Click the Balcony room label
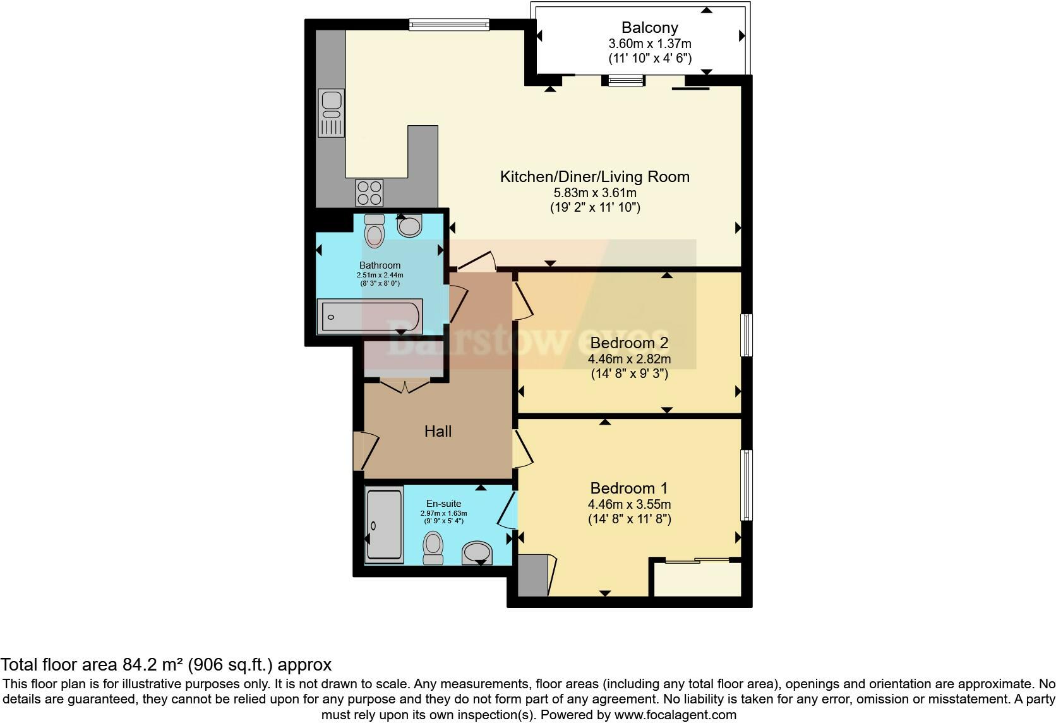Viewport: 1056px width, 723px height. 649,28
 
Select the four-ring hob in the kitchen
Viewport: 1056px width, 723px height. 369,192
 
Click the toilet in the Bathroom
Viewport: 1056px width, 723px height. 375,231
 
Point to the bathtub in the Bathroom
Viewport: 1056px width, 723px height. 369,316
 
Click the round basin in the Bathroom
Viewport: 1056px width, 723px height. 410,226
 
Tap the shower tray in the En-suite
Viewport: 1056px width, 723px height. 384,524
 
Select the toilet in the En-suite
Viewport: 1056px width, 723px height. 433,547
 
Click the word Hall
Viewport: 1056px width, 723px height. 438,432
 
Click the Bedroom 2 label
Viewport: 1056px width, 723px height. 628,343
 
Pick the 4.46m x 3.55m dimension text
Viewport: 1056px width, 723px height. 629,504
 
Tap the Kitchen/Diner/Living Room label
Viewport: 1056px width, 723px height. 594,177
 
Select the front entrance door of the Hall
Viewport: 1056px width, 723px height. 366,451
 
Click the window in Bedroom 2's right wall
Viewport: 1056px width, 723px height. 746,335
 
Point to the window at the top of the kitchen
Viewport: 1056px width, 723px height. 448,25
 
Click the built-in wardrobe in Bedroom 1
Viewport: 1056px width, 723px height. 697,578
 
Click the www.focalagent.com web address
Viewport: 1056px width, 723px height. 675,715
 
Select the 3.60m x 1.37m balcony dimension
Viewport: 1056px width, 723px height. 649,44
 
